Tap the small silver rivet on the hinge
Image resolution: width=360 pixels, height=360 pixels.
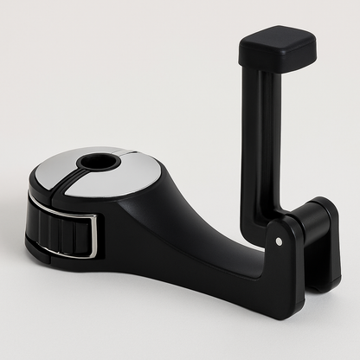pyautogui.click(x=278, y=241)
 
